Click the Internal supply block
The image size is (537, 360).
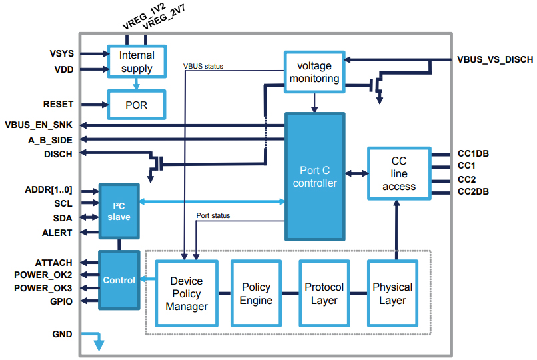pos(137,61)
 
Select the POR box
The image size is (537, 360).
pos(137,105)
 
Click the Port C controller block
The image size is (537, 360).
pos(315,177)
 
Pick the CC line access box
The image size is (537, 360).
pos(399,174)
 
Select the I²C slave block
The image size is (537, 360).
pos(119,211)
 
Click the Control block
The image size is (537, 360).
pos(119,280)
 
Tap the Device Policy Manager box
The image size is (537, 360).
pos(186,293)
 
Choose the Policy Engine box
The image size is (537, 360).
pos(256,293)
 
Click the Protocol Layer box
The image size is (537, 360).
pos(324,293)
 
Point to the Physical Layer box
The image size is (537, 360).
pos(392,293)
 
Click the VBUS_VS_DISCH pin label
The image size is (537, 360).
pos(495,60)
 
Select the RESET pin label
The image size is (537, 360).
pos(58,105)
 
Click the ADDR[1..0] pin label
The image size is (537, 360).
pos(51,190)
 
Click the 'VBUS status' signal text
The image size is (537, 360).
pos(203,66)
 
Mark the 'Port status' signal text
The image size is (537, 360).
pos(214,215)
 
